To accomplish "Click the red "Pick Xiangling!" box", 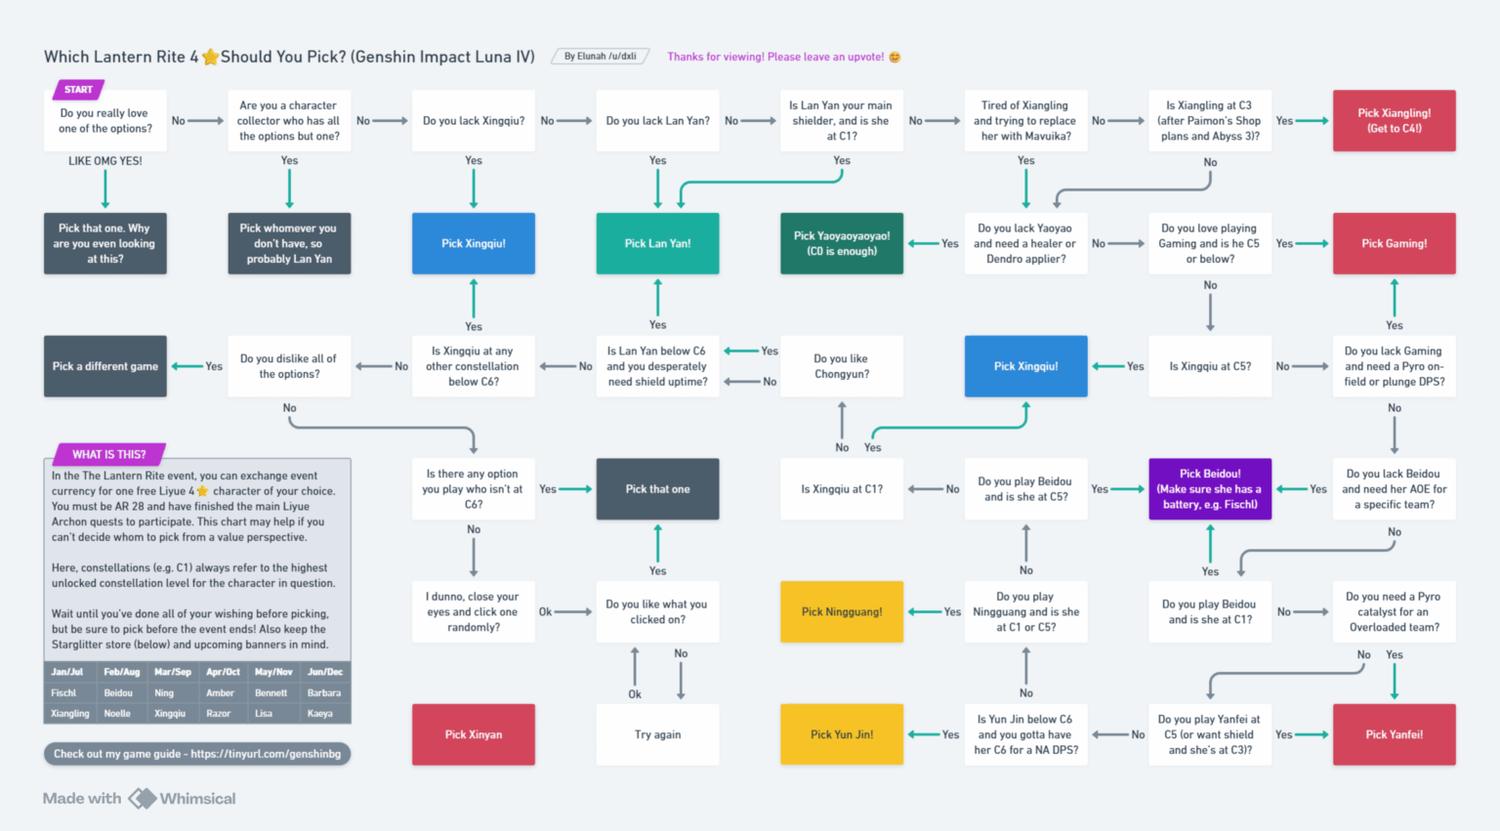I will tap(1394, 120).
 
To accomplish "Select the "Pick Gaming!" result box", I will tap(1394, 243).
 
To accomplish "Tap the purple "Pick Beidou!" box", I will tap(1210, 488).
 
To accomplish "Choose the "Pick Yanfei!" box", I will tap(1394, 734).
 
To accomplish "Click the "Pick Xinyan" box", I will tap(474, 734).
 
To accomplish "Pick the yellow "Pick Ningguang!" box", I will tap(842, 611).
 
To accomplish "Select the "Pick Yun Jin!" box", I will tap(842, 734).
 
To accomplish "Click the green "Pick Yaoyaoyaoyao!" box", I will tap(842, 243).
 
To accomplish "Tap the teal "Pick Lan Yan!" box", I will tap(657, 243).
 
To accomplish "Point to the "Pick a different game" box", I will tap(105, 366).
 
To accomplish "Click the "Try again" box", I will tap(657, 734).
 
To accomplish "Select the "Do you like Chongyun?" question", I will tap(842, 366).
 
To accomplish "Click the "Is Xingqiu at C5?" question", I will tap(1210, 366).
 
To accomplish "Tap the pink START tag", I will tap(78, 90).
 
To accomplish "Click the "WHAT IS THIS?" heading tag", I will tap(108, 454).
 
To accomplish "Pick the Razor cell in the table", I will tap(219, 714).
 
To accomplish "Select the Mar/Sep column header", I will tap(173, 672).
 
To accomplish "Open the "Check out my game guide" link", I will tap(197, 754).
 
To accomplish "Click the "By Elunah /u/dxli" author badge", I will tap(601, 57).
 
